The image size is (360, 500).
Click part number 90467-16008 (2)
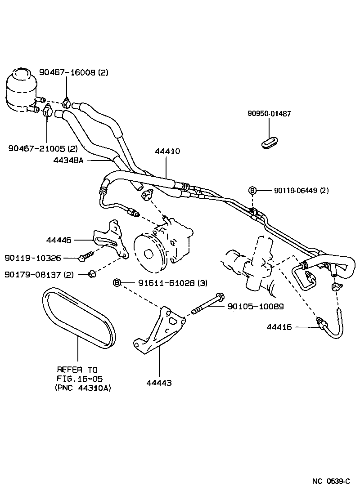pos(74,72)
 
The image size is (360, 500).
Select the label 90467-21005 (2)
pos(43,148)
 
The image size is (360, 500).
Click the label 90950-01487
pos(269,114)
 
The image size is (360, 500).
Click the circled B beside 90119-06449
pos(252,191)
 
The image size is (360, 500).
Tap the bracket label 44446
pos(59,241)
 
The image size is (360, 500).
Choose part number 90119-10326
pos(33,258)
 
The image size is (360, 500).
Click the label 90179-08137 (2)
pos(39,274)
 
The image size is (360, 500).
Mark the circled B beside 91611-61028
pos(117,282)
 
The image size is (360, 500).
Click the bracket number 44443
pos(158,383)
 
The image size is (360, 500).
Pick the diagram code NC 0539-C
pos(331,481)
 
